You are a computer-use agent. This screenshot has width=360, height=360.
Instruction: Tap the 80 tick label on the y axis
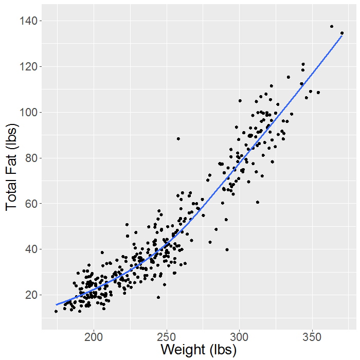[30, 158]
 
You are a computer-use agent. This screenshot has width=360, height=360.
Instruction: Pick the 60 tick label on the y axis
[30, 204]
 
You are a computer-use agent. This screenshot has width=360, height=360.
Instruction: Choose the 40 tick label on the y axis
[30, 249]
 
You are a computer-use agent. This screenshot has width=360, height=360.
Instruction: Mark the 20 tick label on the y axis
[30, 295]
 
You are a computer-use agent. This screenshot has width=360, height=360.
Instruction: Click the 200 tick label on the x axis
[94, 337]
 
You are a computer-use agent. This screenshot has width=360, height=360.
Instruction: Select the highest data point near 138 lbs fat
[332, 26]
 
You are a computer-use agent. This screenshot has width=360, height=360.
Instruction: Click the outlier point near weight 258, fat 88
[178, 138]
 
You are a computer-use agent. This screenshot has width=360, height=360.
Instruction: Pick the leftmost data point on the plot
[56, 311]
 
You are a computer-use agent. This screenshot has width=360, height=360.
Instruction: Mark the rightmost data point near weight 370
[342, 33]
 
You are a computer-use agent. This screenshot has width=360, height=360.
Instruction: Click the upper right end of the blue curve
[342, 35]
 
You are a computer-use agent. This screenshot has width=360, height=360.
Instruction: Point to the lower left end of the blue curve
[57, 304]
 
